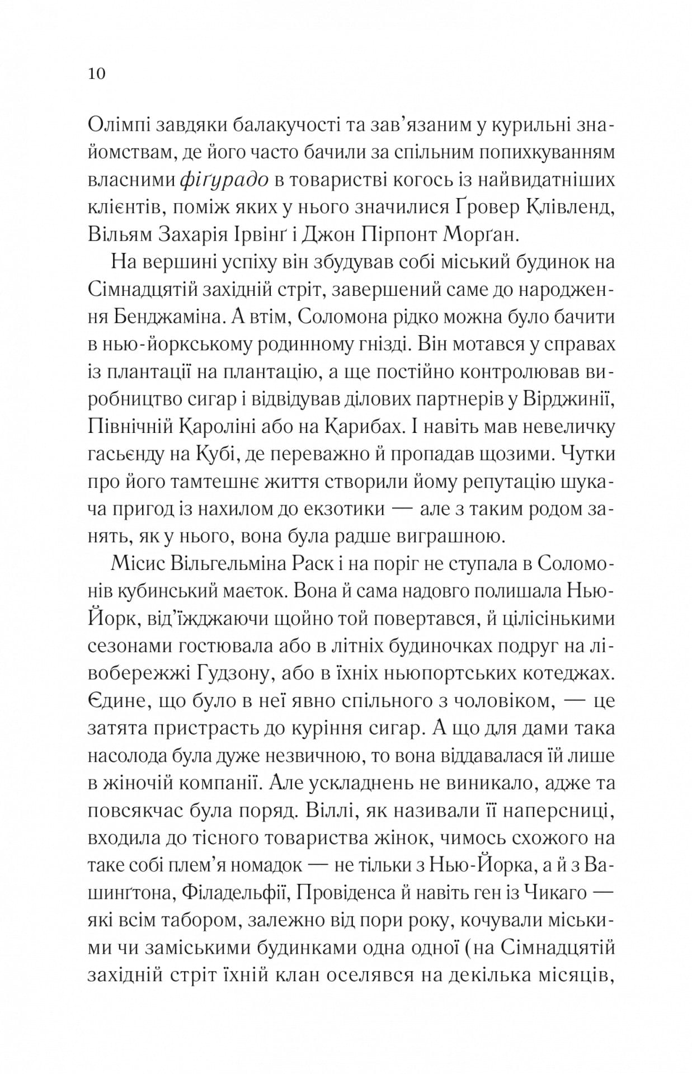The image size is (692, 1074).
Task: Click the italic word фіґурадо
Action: point(225,180)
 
